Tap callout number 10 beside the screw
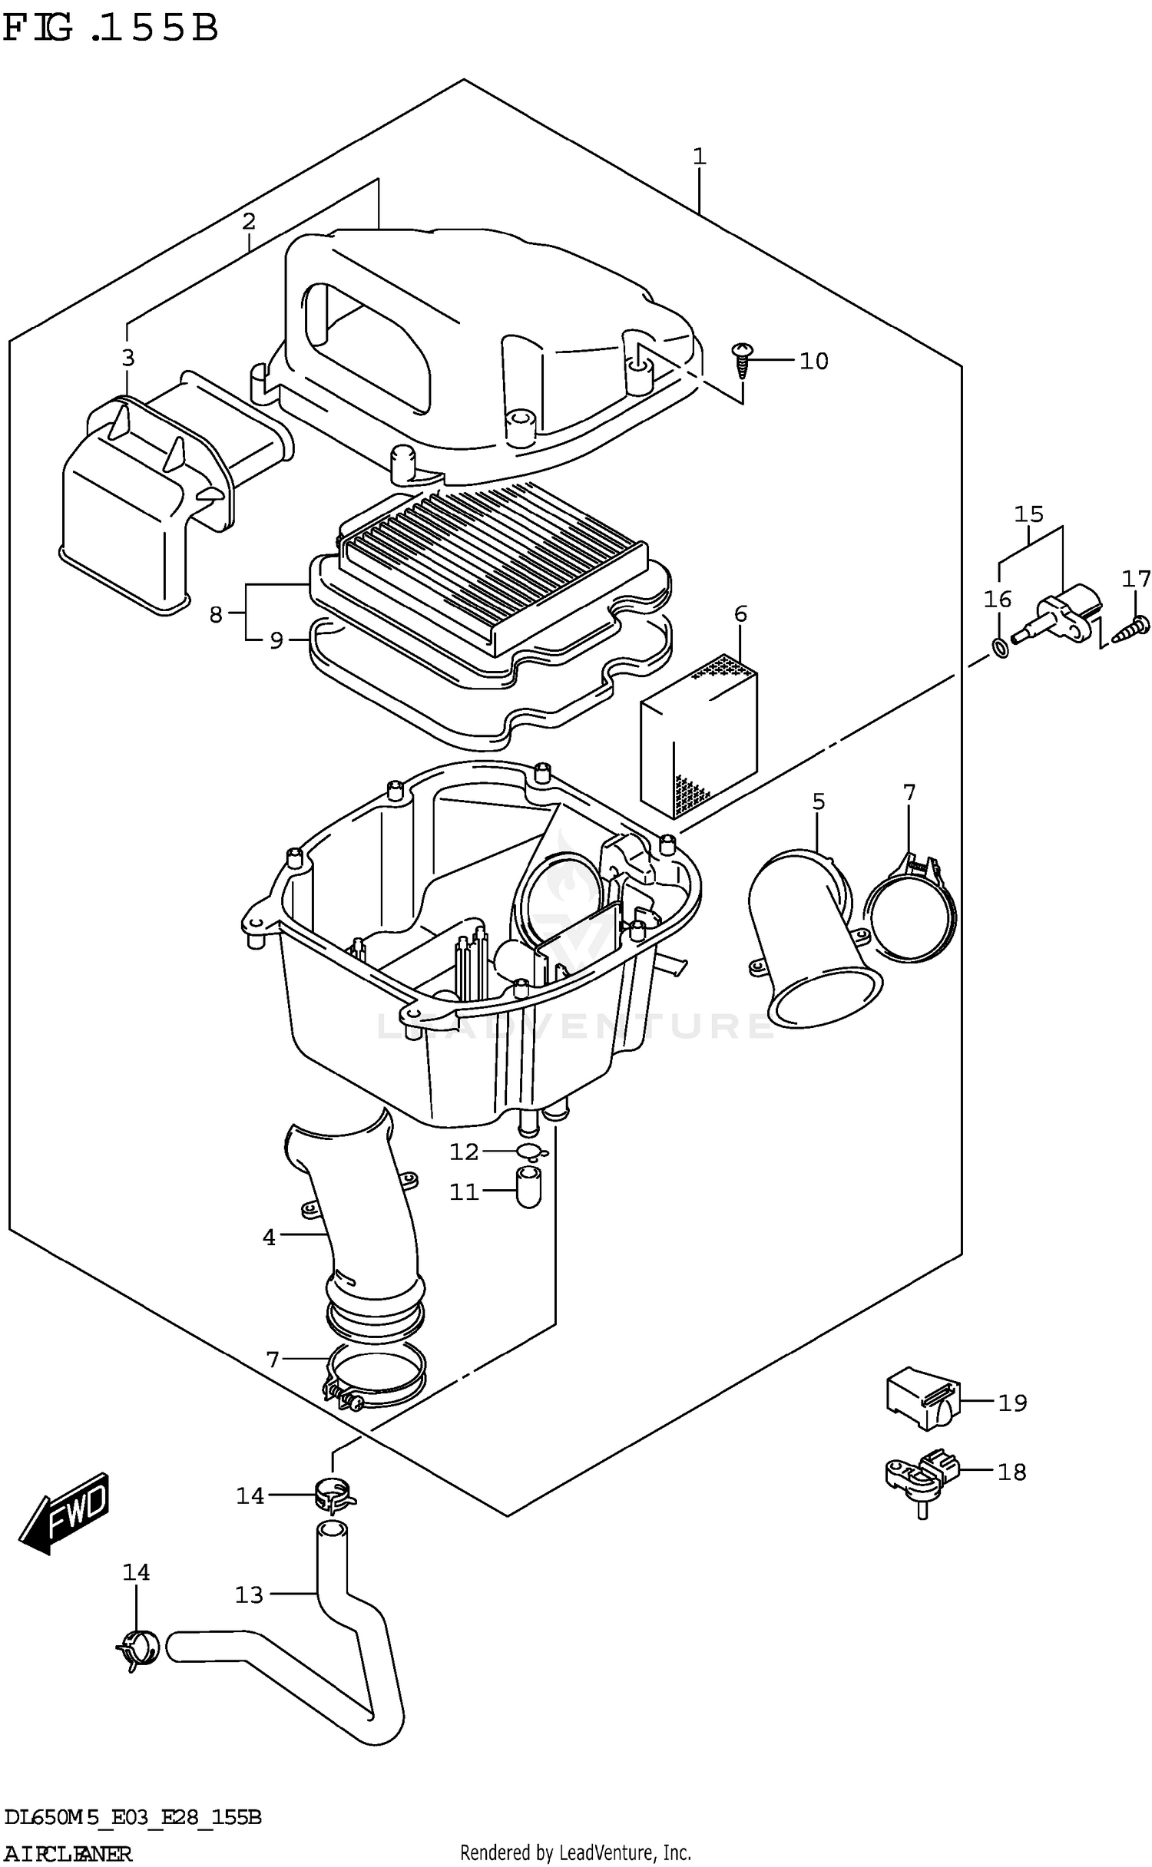[x=813, y=361]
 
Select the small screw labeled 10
[x=743, y=359]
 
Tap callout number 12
[x=463, y=1152]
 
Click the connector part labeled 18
[x=922, y=1475]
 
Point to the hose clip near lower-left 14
[x=138, y=1649]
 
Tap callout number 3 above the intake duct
[x=127, y=358]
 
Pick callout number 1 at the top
[x=698, y=157]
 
